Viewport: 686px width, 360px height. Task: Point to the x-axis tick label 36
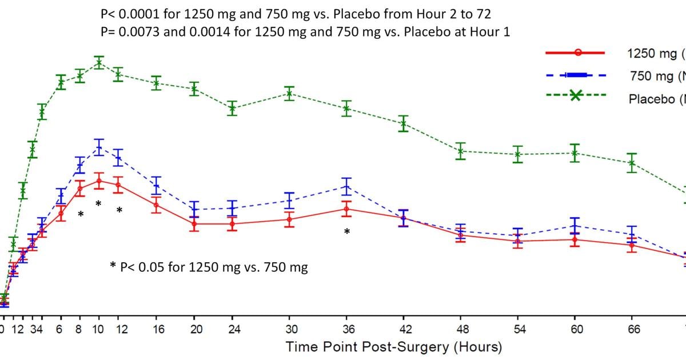(x=346, y=329)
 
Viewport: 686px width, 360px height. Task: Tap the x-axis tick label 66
(x=632, y=329)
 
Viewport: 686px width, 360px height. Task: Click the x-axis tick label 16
(x=156, y=329)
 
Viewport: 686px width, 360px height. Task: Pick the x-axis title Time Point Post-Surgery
(x=393, y=346)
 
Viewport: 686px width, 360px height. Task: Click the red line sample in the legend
(x=577, y=53)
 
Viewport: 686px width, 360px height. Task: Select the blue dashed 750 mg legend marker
(x=577, y=75)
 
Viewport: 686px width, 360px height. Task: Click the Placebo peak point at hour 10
(x=99, y=62)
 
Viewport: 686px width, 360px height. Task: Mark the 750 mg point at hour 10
(x=99, y=147)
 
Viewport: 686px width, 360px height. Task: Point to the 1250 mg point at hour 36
(x=346, y=209)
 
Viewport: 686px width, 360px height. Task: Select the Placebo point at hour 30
(x=289, y=93)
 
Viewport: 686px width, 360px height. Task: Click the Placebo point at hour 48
(x=461, y=151)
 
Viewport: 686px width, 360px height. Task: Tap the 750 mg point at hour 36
(x=346, y=186)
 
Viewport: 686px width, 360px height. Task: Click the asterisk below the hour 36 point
(x=346, y=232)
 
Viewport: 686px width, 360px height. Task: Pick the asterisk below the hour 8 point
(x=81, y=215)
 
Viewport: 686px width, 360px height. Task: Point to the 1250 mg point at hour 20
(x=194, y=223)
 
